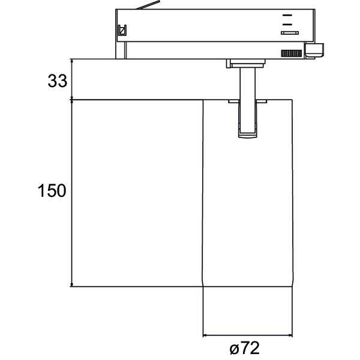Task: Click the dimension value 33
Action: pos(58,81)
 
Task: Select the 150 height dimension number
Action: pos(52,191)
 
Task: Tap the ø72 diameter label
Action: pos(245,348)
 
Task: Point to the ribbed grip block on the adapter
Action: pos(292,53)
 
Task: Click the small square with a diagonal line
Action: pos(122,31)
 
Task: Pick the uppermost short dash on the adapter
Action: pos(287,15)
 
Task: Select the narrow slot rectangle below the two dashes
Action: pos(290,33)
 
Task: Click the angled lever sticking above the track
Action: pos(148,5)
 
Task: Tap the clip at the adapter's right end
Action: pos(314,50)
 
